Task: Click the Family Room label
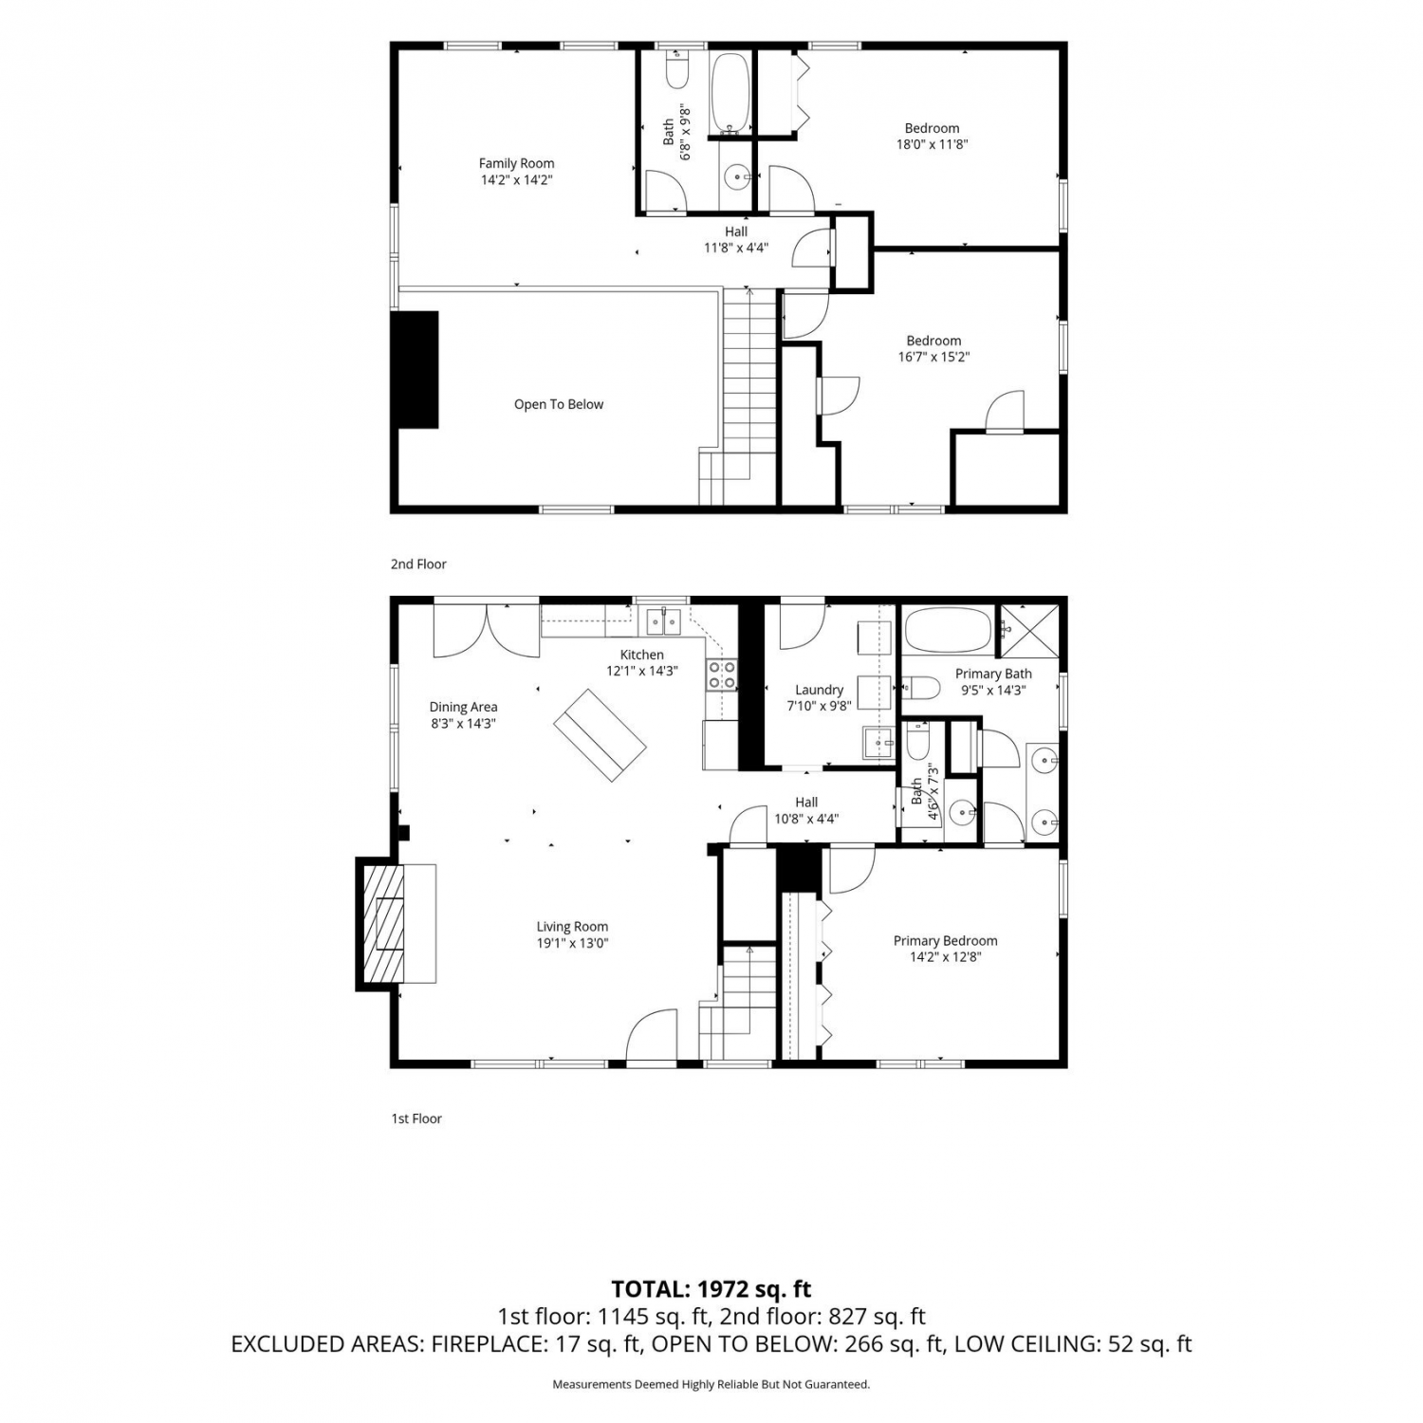[x=516, y=163]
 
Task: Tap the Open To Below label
[x=559, y=404]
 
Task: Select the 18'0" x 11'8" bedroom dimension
[x=932, y=144]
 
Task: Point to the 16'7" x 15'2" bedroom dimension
[x=933, y=357]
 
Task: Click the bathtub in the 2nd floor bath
[x=730, y=92]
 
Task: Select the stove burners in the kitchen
[x=722, y=674]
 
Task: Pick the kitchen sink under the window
[x=663, y=621]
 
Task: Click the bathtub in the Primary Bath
[x=948, y=630]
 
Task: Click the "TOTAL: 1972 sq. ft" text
[x=711, y=1289]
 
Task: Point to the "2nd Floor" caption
[x=418, y=564]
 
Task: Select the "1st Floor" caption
[x=416, y=1118]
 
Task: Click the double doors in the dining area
[x=487, y=629]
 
